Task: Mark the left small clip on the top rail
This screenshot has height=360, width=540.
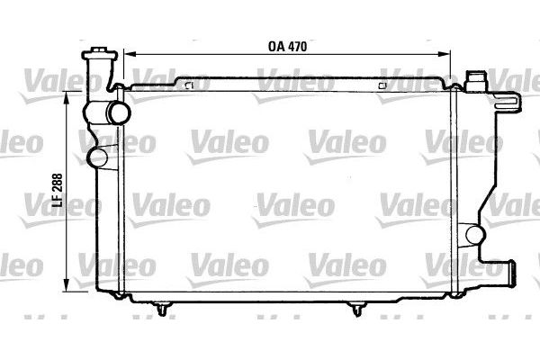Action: [x=188, y=85]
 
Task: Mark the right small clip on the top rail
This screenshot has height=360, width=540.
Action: [x=385, y=85]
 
